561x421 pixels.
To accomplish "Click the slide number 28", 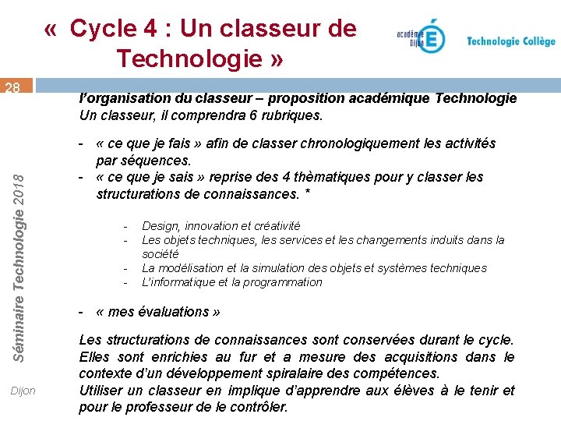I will [x=12, y=88].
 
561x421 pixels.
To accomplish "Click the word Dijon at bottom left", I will [x=23, y=390].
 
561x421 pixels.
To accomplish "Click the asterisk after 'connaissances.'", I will [x=308, y=192].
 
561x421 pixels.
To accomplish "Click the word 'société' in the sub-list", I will [x=161, y=254].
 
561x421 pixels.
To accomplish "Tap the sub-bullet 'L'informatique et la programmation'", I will [x=231, y=282].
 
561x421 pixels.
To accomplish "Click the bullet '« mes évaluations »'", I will [x=157, y=312].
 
